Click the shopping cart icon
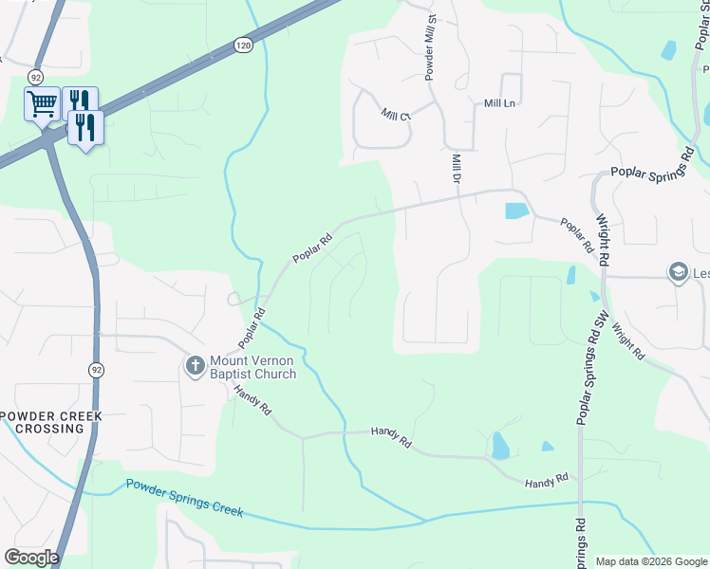(x=42, y=102)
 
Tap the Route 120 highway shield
(x=243, y=46)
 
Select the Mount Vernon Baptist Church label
(x=252, y=367)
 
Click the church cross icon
(x=196, y=365)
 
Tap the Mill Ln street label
(x=499, y=102)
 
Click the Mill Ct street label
(x=395, y=116)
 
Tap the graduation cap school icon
(x=678, y=273)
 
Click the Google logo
(x=31, y=558)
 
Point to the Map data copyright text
(x=652, y=561)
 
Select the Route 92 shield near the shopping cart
(x=36, y=77)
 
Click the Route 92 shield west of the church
(x=96, y=369)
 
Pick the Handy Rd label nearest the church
(x=254, y=405)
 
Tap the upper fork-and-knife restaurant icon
(x=81, y=101)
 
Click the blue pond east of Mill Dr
(x=515, y=211)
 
